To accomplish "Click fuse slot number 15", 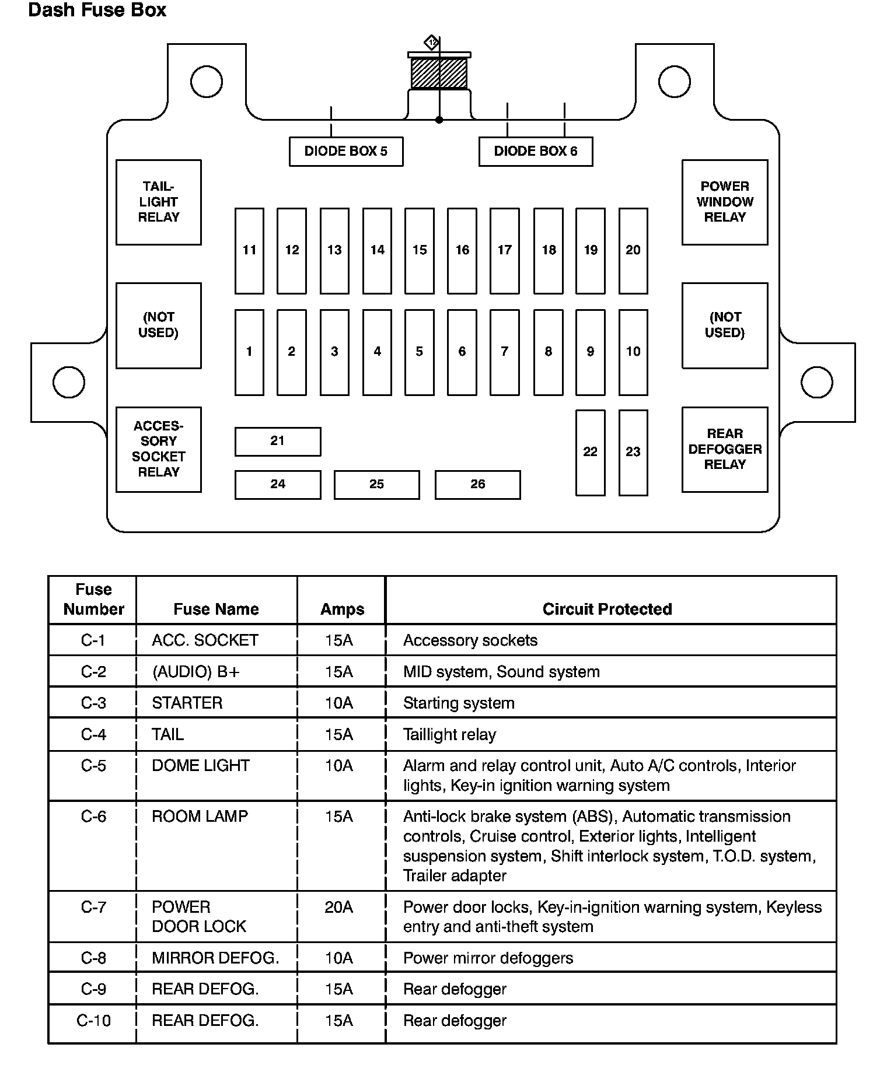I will pos(419,251).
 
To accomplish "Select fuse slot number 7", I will pos(504,352).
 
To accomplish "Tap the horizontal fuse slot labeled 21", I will pos(278,442).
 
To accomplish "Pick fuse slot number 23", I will pos(633,453).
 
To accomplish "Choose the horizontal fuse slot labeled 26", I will pos(477,485).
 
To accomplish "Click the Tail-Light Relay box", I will pos(159,202).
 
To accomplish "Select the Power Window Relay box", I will pos(725,202).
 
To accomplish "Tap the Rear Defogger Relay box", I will pos(725,450).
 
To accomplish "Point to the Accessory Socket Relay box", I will pos(159,450).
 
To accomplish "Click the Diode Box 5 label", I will pos(346,152).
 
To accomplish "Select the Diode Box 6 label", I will pos(536,152).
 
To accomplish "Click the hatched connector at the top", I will pos(439,73).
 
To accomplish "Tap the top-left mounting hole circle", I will pos(207,81).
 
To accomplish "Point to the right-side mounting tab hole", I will pos(817,382).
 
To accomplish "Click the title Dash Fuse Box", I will pos(97,10).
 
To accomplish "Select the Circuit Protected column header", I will pos(607,609).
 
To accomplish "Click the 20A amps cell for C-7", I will pos(339,907).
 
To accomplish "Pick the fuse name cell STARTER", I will pos(187,703).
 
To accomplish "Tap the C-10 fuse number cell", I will pos(93,1021).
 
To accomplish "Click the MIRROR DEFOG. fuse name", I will pos(215,958).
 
